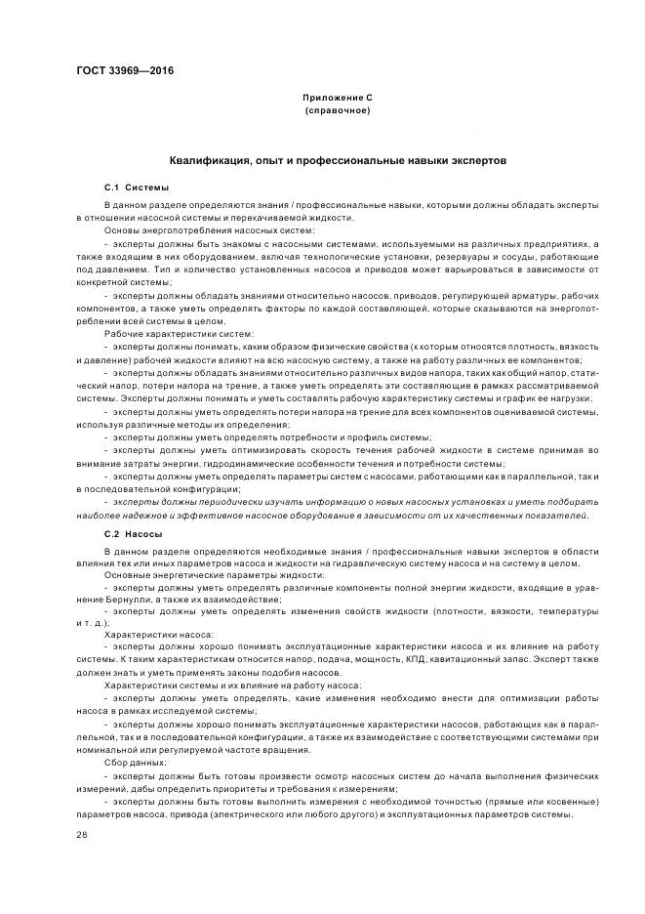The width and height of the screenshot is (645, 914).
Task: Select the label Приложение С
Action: tap(337, 99)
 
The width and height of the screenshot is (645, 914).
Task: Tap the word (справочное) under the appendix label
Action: tap(337, 111)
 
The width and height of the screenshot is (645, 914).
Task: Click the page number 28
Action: tap(81, 835)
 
